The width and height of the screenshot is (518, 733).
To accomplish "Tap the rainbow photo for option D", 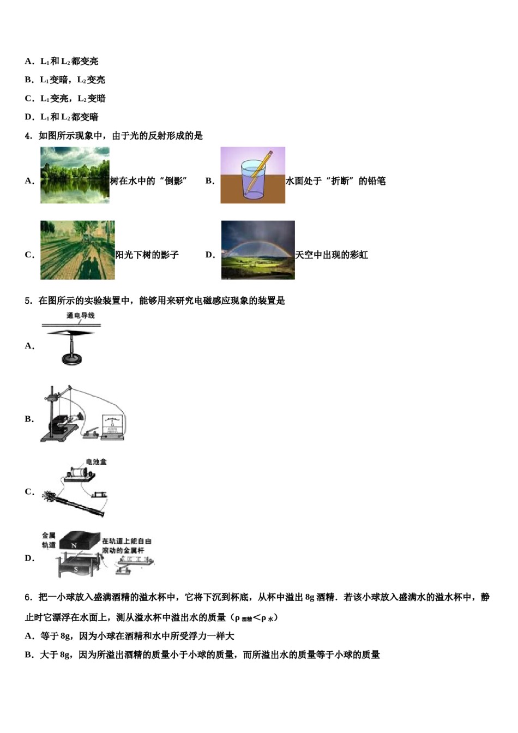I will [x=258, y=250].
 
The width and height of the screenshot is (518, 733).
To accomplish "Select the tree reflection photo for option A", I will [x=75, y=175].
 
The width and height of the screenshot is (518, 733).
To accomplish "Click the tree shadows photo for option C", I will [x=77, y=250].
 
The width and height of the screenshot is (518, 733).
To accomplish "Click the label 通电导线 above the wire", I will [x=81, y=316].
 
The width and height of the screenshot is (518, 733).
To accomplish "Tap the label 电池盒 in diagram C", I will [x=97, y=462].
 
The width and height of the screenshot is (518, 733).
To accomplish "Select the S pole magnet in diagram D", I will [x=76, y=569].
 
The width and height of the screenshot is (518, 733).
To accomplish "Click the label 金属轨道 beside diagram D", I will [x=49, y=540].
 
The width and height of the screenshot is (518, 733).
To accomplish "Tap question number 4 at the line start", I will [x=29, y=136].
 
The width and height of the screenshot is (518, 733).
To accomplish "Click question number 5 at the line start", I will [x=29, y=301].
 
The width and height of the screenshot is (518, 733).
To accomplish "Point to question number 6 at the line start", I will [x=29, y=597].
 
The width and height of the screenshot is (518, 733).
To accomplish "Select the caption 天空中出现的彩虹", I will [x=332, y=255].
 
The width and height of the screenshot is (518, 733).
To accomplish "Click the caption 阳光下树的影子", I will [x=147, y=255].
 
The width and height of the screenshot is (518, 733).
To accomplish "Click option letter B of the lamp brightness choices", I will [x=29, y=80].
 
